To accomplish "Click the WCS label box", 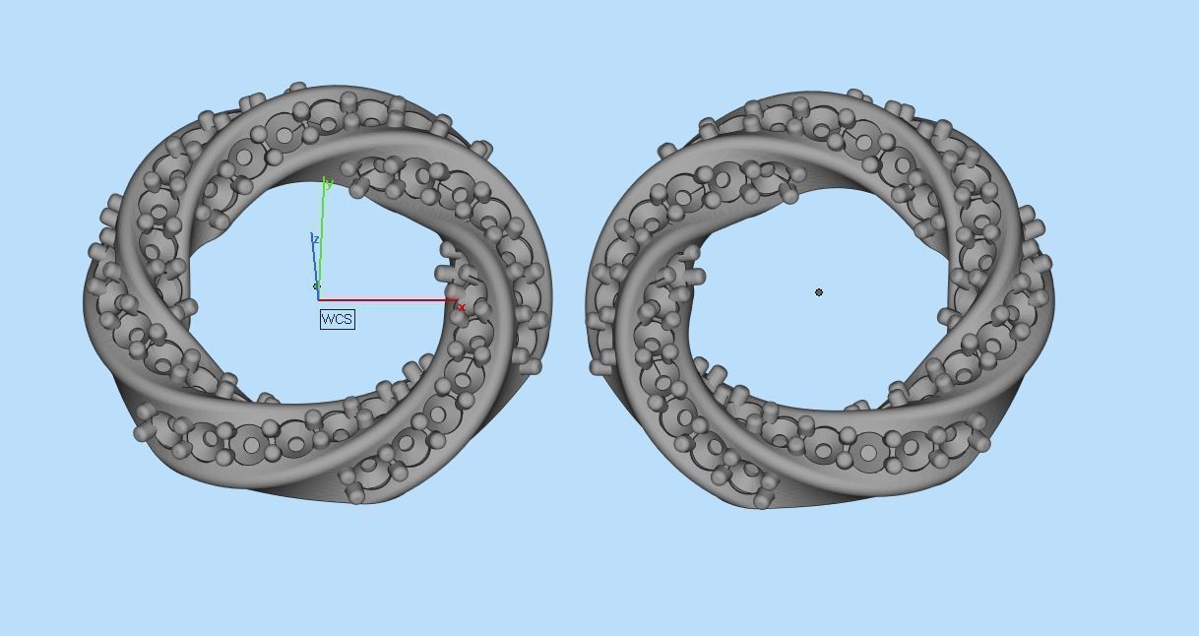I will click(337, 319).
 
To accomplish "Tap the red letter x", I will click(462, 308).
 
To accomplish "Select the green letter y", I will click(330, 183).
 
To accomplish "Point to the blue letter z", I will click(315, 239).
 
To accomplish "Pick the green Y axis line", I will click(322, 236).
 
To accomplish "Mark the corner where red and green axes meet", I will click(319, 298).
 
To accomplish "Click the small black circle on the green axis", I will click(316, 286).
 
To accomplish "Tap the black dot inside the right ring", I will click(819, 292).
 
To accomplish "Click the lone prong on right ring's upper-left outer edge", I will click(667, 151).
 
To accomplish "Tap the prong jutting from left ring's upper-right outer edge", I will click(481, 150).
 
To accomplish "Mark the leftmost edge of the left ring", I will click(85, 300).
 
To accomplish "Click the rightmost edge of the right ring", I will click(1054, 286).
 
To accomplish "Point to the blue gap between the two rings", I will click(569, 295).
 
